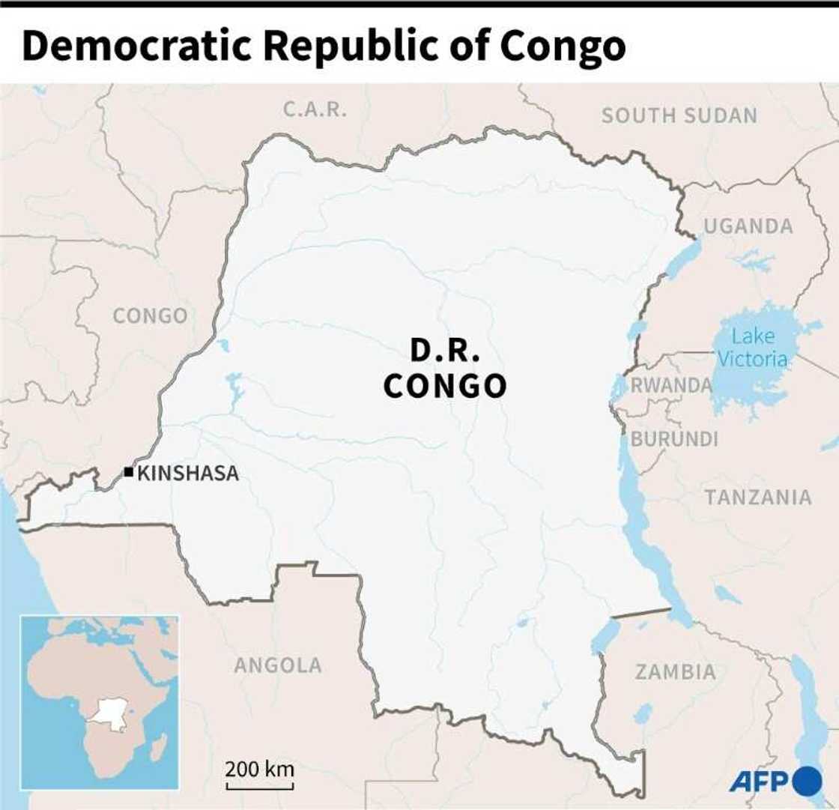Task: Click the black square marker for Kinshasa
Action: tap(129, 471)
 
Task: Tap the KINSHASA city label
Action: tap(188, 473)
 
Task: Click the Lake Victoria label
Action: tap(752, 348)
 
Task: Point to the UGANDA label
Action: tap(748, 226)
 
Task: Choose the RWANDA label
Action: tap(671, 385)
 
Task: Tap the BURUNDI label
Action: tap(674, 439)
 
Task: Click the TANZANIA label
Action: tap(757, 497)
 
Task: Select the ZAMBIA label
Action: tap(676, 672)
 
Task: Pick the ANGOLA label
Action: tap(278, 665)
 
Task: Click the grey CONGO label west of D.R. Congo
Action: tap(150, 315)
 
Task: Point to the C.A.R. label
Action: tap(315, 109)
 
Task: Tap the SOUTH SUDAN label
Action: tap(679, 115)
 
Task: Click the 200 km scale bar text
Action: tap(260, 770)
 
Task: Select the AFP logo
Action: tap(775, 782)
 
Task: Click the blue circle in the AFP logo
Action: tap(808, 781)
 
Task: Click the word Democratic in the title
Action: tap(139, 46)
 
